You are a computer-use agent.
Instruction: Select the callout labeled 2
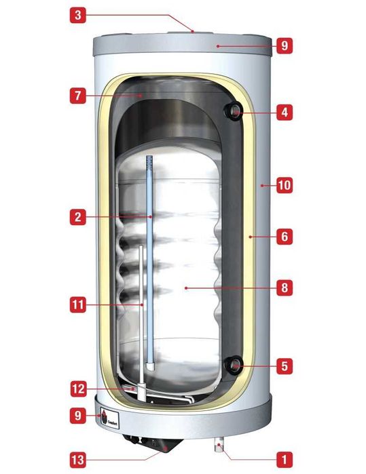pyautogui.click(x=79, y=217)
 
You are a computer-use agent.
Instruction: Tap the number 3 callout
pyautogui.click(x=79, y=14)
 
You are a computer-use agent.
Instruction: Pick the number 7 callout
pyautogui.click(x=79, y=96)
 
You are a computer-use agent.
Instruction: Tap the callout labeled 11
pyautogui.click(x=79, y=306)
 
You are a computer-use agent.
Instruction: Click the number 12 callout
pyautogui.click(x=79, y=389)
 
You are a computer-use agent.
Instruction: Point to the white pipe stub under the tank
pyautogui.click(x=219, y=447)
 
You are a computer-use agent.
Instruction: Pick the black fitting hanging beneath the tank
pyautogui.click(x=164, y=444)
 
